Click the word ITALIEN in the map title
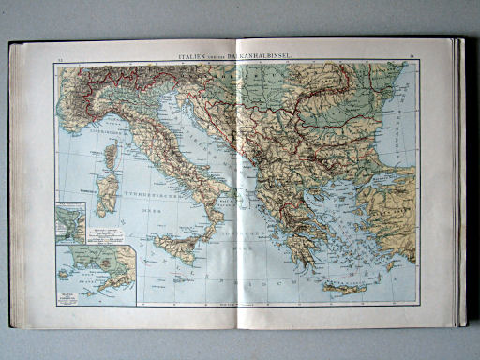click(x=193, y=57)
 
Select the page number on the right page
click(x=412, y=61)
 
